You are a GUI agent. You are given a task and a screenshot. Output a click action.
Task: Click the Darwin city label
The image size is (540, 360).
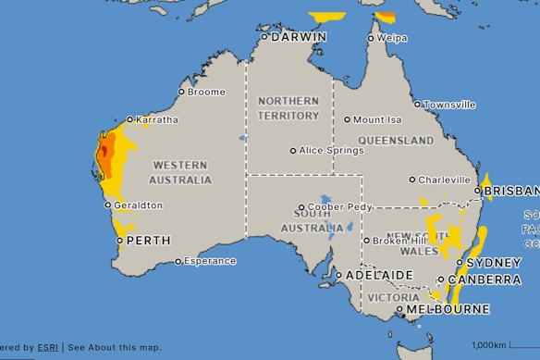click(x=299, y=37)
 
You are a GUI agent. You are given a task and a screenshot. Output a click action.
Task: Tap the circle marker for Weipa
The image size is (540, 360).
click(x=372, y=38)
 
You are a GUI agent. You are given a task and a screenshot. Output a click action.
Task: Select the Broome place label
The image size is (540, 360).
click(x=205, y=92)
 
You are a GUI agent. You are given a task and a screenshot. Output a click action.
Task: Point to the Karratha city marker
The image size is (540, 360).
click(x=129, y=120)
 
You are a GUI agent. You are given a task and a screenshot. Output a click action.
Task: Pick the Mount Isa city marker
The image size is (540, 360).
click(x=348, y=119)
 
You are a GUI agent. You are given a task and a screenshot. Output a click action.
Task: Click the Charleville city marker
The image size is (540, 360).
click(x=411, y=180)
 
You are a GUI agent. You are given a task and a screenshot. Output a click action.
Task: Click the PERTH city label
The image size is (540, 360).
click(x=147, y=240)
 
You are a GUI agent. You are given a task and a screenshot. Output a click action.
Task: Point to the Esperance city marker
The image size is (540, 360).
click(x=178, y=261)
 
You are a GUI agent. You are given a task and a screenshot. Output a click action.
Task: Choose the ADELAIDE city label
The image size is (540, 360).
click(x=378, y=276)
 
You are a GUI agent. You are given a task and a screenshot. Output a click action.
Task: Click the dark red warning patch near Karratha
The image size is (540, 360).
click(x=104, y=151)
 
